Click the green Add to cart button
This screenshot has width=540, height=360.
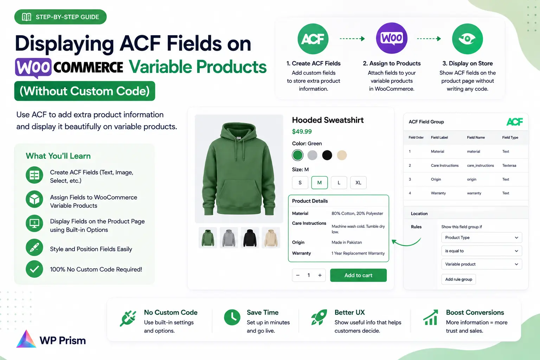tap(358, 275)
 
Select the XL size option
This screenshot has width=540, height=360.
tap(358, 182)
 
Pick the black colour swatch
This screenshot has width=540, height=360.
tap(327, 155)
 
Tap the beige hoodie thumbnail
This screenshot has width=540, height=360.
tap(271, 238)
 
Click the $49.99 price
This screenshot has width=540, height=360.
tap(302, 131)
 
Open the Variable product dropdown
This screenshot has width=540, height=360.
tap(482, 264)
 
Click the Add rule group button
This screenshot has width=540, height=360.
tap(458, 279)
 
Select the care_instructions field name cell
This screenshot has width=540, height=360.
tap(481, 166)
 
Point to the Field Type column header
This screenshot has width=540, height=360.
tap(510, 137)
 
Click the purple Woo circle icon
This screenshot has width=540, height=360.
tap(392, 38)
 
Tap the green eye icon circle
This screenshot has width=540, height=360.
tap(468, 39)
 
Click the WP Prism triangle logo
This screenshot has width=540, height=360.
tap(26, 339)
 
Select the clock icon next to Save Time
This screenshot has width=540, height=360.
tap(232, 317)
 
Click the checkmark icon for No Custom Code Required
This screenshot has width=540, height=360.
tap(34, 269)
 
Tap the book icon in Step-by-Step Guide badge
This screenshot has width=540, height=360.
tap(26, 17)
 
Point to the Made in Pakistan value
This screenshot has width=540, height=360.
tap(347, 242)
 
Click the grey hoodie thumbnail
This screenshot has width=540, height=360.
tap(229, 238)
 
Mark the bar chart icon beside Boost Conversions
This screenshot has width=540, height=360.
tap(431, 317)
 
